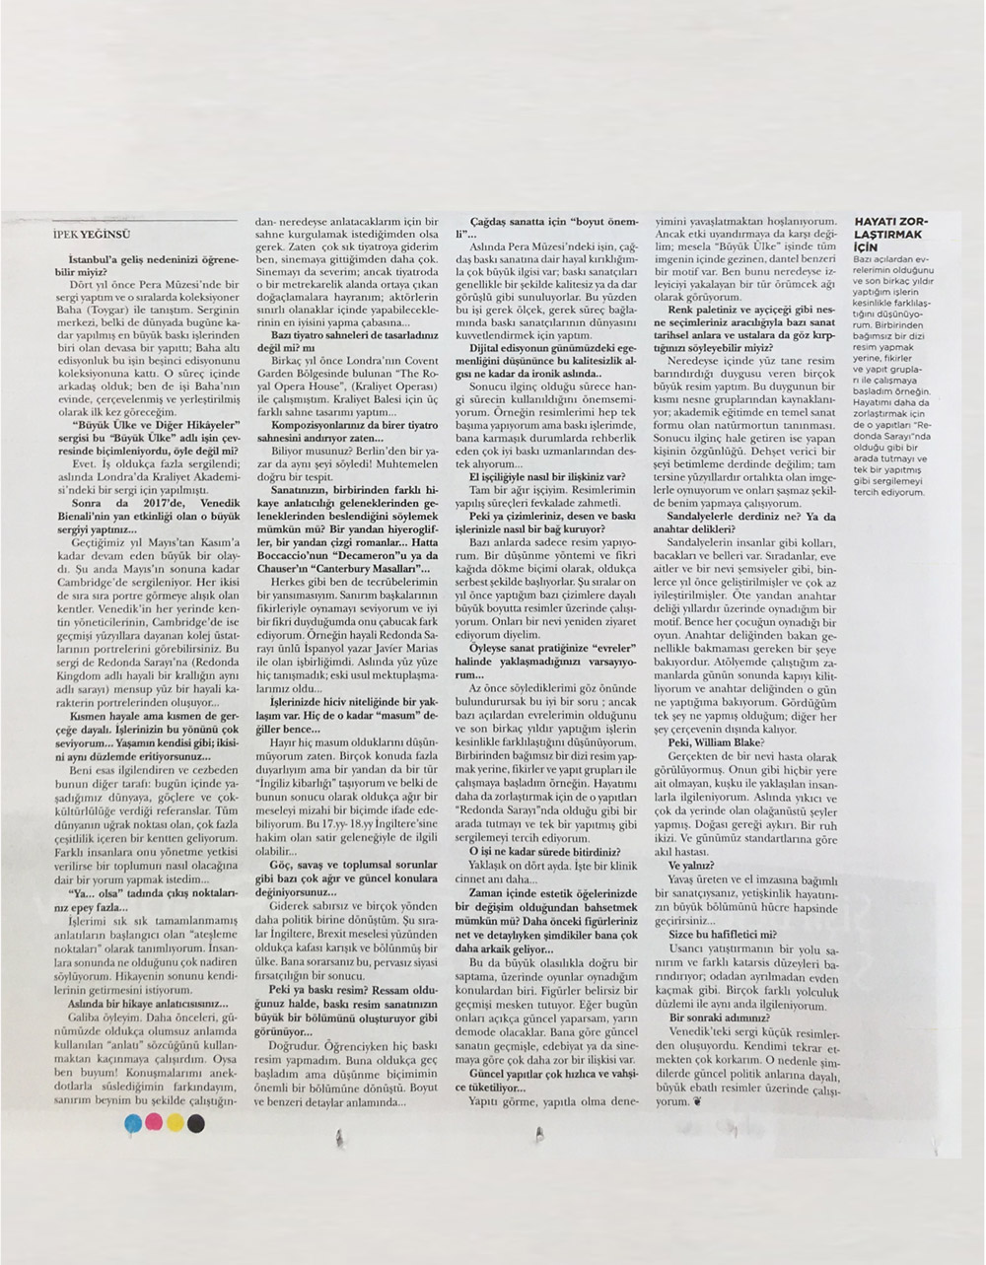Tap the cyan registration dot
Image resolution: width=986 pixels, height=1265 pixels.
[134, 1122]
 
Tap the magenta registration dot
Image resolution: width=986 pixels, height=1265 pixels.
[154, 1122]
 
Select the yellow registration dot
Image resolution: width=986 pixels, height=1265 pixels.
[175, 1122]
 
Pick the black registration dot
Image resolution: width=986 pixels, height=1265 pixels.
[195, 1122]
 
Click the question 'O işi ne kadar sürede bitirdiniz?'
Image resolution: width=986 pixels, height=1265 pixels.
[544, 850]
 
